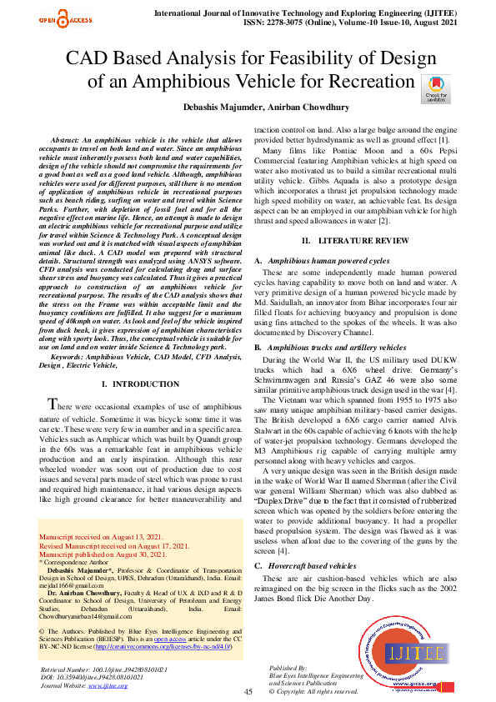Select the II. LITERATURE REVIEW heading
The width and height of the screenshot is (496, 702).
[348, 217]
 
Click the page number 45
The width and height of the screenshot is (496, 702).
[248, 691]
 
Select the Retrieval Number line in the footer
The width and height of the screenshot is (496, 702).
[103, 669]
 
